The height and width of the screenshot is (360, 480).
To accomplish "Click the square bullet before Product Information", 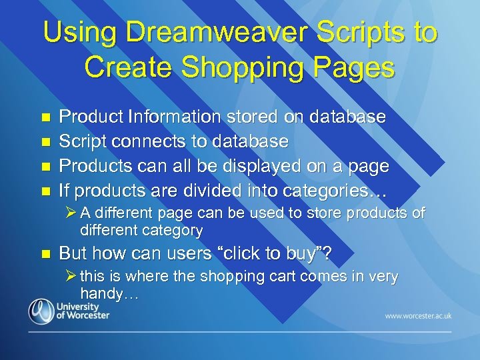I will pyautogui.click(x=45, y=117).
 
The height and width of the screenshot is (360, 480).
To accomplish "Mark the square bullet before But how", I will pyautogui.click(x=45, y=255).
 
